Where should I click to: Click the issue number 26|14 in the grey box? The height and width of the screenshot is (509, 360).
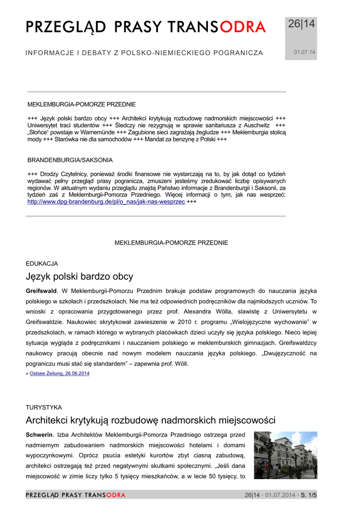[301, 24]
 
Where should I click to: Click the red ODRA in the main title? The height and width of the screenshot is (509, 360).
[243, 27]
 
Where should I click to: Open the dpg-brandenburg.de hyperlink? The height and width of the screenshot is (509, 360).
[106, 202]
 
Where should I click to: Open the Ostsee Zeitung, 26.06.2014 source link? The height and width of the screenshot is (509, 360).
[60, 373]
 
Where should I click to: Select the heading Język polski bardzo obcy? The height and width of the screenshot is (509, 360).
[79, 276]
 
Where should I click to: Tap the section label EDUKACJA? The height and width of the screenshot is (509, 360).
[42, 263]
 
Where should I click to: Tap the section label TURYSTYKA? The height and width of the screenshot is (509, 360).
[44, 407]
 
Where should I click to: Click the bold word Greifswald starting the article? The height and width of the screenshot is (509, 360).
[41, 290]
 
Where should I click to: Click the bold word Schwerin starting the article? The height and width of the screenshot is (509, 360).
[39, 434]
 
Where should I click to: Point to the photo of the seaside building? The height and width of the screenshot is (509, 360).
[285, 455]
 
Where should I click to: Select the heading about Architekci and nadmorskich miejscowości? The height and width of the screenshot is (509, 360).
[150, 421]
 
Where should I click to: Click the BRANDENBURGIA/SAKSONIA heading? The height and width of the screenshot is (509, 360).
[70, 160]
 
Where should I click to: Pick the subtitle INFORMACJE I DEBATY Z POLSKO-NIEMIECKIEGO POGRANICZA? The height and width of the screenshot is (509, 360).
[144, 53]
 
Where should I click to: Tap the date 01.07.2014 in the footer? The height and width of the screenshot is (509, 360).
[281, 495]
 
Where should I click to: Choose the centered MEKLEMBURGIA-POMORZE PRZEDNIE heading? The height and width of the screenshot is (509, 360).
[172, 243]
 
